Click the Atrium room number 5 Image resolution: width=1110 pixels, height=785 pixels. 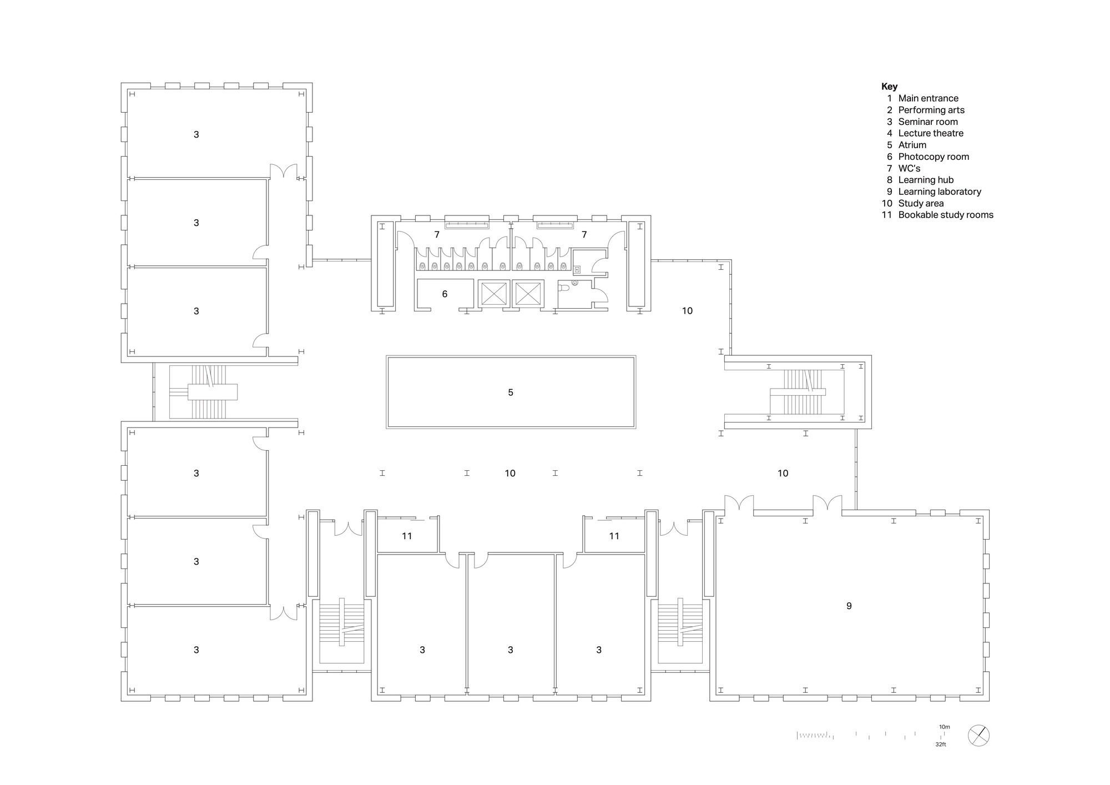click(511, 392)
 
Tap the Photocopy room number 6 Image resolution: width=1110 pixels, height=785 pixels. click(445, 294)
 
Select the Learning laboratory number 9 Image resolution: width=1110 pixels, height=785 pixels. click(849, 606)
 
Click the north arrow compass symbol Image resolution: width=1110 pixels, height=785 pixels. click(978, 736)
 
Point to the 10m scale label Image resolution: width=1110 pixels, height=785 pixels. click(944, 727)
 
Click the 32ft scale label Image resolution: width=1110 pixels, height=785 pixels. click(940, 744)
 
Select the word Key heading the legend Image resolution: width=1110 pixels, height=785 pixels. click(889, 87)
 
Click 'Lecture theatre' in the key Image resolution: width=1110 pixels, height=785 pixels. click(931, 133)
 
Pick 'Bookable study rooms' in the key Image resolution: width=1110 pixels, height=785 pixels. click(946, 215)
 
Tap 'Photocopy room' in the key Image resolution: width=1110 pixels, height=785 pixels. click(934, 157)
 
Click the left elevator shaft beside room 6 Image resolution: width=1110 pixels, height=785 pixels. click(493, 293)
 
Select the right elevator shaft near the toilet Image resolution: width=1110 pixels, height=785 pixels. click(528, 293)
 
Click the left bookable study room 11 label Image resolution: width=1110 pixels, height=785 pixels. click(407, 536)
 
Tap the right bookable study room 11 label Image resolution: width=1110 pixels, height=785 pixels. click(614, 536)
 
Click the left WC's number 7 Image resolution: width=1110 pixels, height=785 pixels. click(437, 235)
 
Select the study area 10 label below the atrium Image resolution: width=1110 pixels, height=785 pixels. click(510, 474)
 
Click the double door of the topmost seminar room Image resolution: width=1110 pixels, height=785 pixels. click(284, 170)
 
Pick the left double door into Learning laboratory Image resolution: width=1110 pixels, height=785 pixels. click(739, 504)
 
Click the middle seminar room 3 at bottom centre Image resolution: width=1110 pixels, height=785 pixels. click(511, 650)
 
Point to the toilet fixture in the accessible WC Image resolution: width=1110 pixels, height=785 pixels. click(564, 288)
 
